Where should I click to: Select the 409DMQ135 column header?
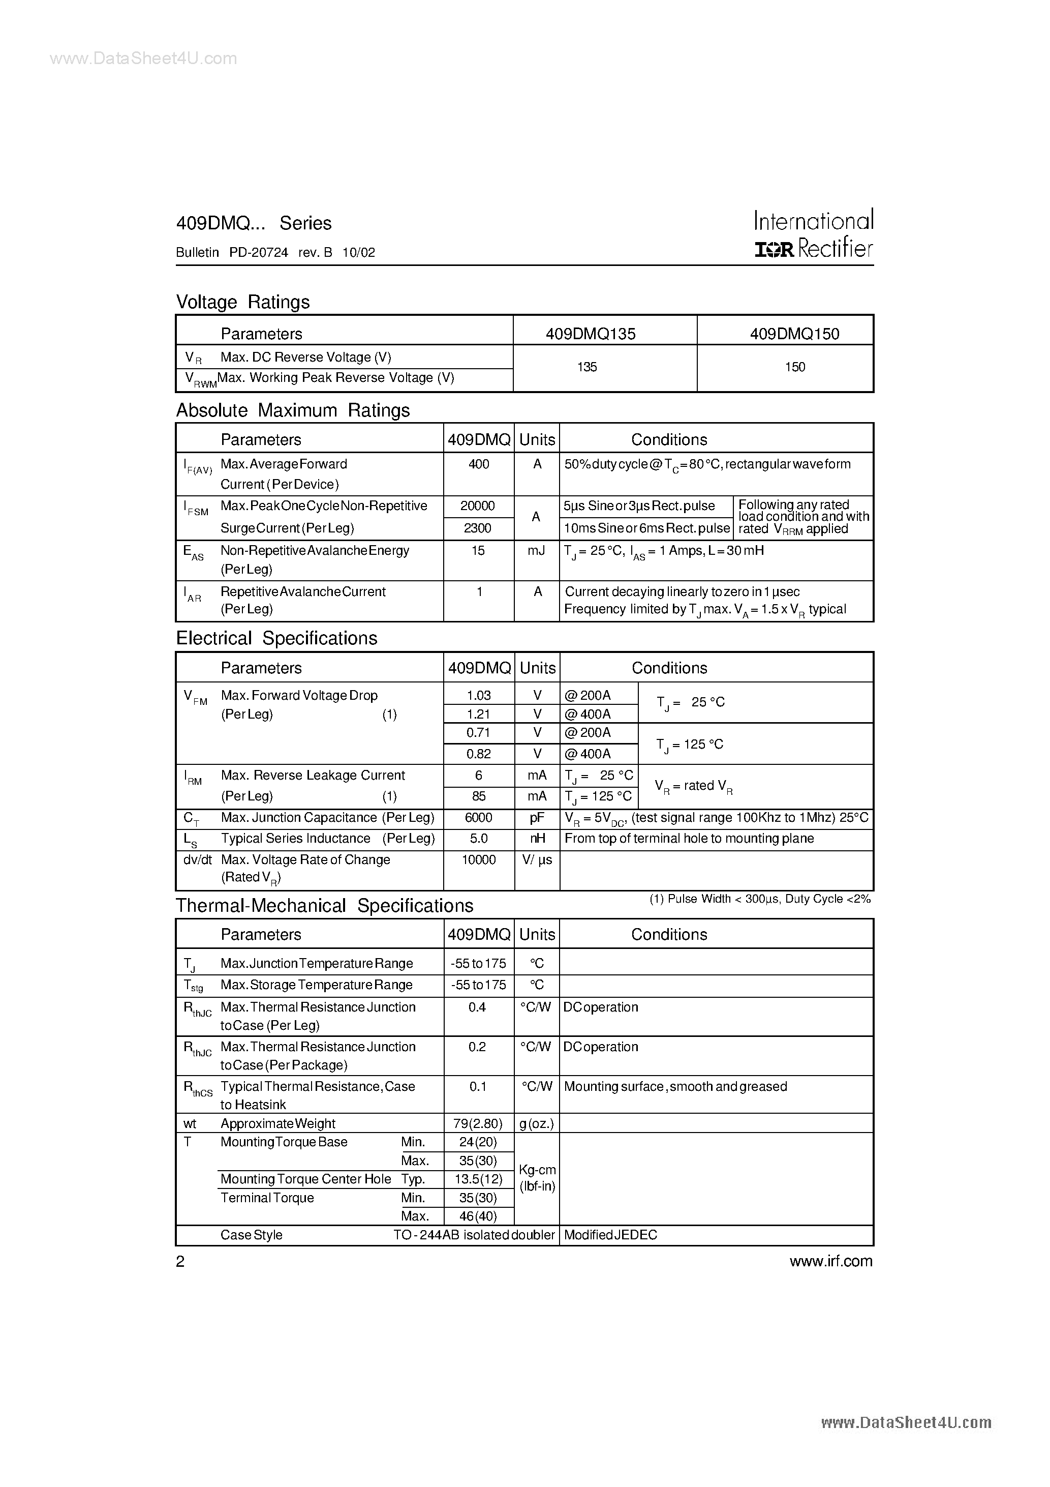click(591, 334)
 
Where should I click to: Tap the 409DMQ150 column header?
click(794, 334)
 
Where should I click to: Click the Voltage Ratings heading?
click(243, 302)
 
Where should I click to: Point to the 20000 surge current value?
click(478, 506)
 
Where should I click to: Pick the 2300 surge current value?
click(478, 528)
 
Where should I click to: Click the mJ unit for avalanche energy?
click(536, 550)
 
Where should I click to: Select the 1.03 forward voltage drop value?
click(478, 695)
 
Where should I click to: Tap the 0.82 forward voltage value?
click(478, 753)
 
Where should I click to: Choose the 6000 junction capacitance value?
click(478, 817)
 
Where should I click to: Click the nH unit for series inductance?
click(537, 838)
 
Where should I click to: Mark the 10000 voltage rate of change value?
click(478, 859)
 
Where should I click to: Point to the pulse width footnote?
click(760, 899)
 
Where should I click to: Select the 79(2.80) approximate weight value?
click(478, 1123)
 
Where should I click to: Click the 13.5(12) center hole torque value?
click(478, 1179)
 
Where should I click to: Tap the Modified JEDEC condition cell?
click(610, 1234)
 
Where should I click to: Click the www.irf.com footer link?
click(830, 1261)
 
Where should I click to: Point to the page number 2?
click(180, 1261)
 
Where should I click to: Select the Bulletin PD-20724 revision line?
click(275, 253)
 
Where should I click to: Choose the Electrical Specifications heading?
click(276, 638)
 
